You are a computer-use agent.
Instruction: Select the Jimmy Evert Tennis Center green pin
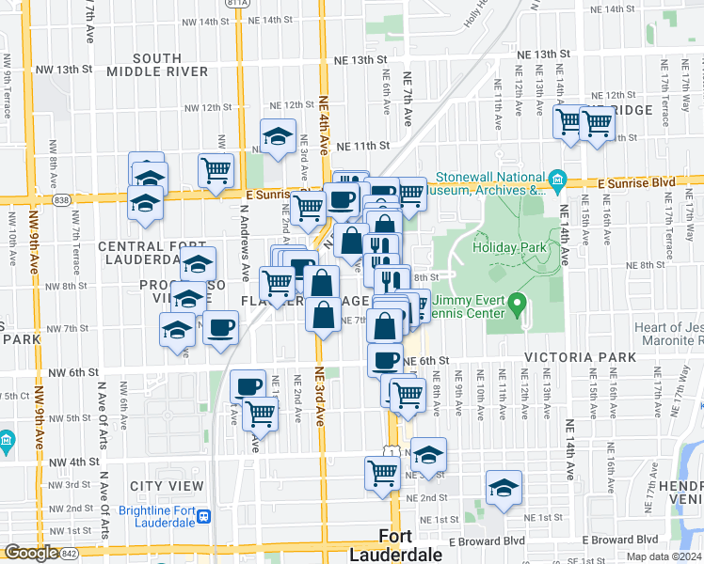(517, 305)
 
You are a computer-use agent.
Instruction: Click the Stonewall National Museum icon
(556, 179)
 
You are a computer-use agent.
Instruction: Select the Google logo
(31, 553)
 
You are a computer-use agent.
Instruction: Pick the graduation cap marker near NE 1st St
(504, 490)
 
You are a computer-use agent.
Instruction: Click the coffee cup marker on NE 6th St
(384, 360)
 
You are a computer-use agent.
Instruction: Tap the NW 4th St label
(74, 462)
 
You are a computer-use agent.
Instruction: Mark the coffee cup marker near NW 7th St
(221, 328)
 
